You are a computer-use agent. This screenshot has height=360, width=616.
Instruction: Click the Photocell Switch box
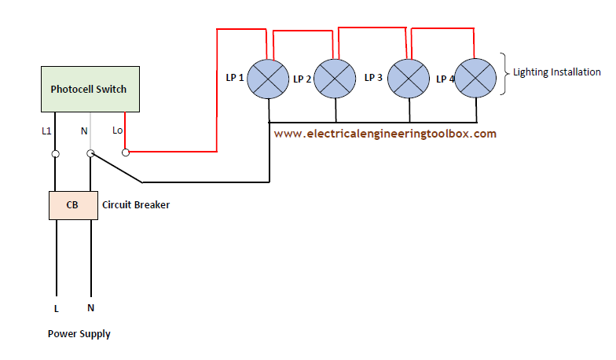click(x=90, y=90)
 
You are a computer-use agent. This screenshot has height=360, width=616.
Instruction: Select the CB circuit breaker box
click(x=74, y=206)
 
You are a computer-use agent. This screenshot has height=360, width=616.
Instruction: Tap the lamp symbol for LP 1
click(x=268, y=79)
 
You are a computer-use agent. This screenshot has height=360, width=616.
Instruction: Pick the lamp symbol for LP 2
click(x=335, y=79)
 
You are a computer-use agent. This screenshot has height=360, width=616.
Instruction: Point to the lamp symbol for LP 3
click(x=409, y=79)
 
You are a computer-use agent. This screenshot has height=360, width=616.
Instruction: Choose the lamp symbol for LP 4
click(x=475, y=79)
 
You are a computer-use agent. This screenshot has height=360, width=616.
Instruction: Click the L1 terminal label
click(x=46, y=130)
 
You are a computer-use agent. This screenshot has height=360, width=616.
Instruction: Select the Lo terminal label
click(x=118, y=130)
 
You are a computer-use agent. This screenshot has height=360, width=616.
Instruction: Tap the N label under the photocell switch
click(x=84, y=130)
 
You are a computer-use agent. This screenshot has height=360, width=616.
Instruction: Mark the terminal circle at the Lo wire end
click(x=126, y=152)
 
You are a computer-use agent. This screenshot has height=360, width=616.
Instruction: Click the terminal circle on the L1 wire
click(x=55, y=154)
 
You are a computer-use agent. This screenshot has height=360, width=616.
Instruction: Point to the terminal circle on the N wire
click(x=90, y=153)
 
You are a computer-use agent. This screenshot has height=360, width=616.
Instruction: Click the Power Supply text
click(x=79, y=334)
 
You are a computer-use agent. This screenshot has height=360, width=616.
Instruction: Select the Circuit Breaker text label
click(x=136, y=204)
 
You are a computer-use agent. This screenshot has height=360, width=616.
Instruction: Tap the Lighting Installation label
click(x=557, y=72)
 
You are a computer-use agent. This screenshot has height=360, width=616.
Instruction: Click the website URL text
click(x=385, y=134)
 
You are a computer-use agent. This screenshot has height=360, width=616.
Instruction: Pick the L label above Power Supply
click(x=57, y=309)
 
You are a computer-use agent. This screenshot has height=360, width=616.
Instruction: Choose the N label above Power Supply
click(x=91, y=308)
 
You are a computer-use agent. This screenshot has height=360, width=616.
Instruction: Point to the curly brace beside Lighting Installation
click(x=504, y=74)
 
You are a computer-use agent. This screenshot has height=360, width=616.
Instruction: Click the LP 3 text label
click(x=373, y=77)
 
